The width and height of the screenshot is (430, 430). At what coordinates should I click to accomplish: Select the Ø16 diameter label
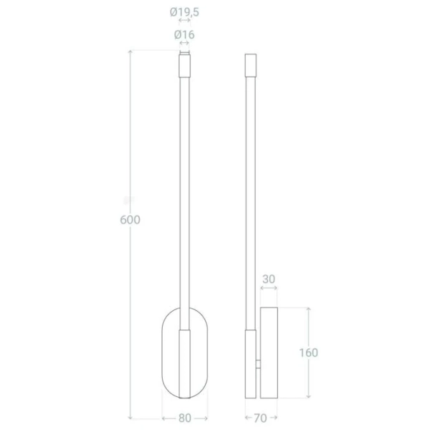(x=184, y=34)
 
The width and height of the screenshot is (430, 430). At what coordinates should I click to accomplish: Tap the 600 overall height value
(x=130, y=220)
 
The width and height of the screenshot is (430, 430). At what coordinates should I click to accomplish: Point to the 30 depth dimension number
(x=269, y=279)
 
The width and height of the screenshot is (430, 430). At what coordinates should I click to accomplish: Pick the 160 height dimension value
(x=308, y=352)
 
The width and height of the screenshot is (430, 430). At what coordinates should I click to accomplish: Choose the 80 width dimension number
(x=184, y=417)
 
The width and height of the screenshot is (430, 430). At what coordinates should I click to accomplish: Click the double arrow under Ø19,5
(x=184, y=21)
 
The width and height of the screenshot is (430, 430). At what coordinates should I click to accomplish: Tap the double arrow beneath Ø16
(x=184, y=44)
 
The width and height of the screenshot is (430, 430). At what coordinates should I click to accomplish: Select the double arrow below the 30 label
(x=269, y=290)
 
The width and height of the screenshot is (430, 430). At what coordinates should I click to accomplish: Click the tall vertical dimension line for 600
(x=130, y=143)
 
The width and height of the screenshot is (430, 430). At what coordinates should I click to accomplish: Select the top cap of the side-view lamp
(x=250, y=64)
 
